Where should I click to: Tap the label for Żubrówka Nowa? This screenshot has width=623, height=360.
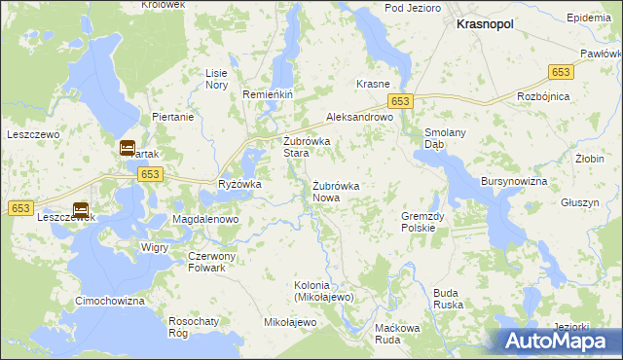337,192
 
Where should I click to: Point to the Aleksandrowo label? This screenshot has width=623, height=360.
359,116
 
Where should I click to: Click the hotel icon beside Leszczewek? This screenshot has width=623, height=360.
81,209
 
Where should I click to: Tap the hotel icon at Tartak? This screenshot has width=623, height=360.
128,149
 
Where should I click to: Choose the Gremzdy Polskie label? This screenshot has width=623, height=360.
424,222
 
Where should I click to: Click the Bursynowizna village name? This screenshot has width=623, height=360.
515,182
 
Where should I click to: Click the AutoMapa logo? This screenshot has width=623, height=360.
559,341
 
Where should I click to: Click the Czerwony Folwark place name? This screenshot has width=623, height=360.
206,262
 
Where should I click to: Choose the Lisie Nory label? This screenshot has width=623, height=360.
216,79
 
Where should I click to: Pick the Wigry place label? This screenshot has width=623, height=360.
155,248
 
